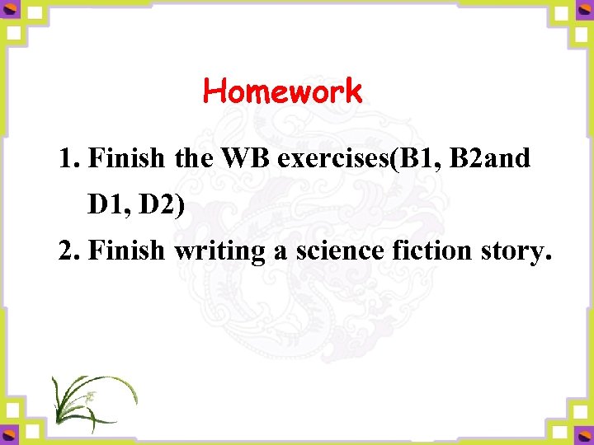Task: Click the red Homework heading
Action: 282,91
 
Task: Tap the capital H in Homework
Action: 213,91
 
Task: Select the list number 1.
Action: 68,158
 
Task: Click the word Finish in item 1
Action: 126,158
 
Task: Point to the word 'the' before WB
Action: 194,158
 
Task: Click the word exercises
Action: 334,159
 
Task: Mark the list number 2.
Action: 68,251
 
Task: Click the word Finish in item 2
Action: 126,251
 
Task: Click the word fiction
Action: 424,251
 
